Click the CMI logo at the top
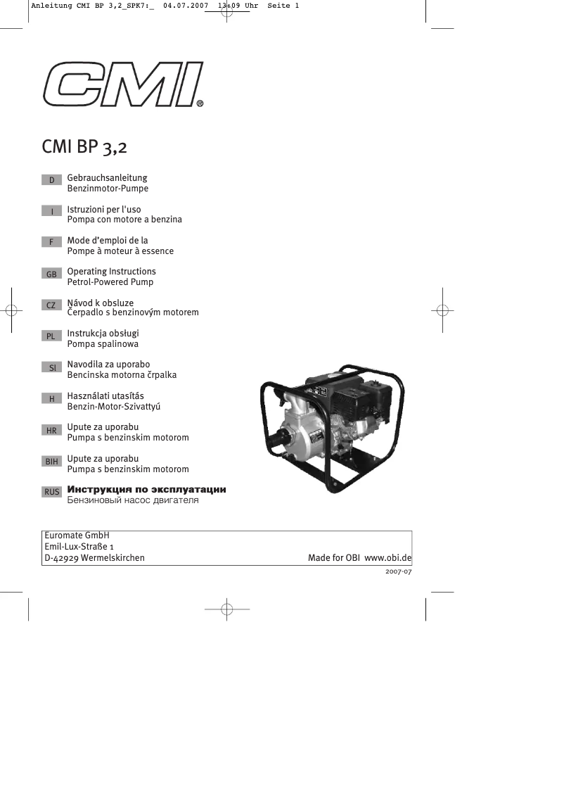tap(123, 84)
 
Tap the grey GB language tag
tap(51, 274)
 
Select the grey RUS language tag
tap(51, 492)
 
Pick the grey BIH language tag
tap(51, 461)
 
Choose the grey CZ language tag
tap(51, 305)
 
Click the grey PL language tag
tap(51, 336)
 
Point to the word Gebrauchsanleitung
tap(107, 178)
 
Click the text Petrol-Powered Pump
tap(110, 282)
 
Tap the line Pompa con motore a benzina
tap(124, 220)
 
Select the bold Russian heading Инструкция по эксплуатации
tap(146, 489)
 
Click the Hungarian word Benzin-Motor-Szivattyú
tap(118, 407)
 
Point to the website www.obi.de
tap(387, 558)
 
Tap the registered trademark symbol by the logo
tap(200, 103)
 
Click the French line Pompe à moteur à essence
tap(120, 251)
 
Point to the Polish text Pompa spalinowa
tap(103, 344)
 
